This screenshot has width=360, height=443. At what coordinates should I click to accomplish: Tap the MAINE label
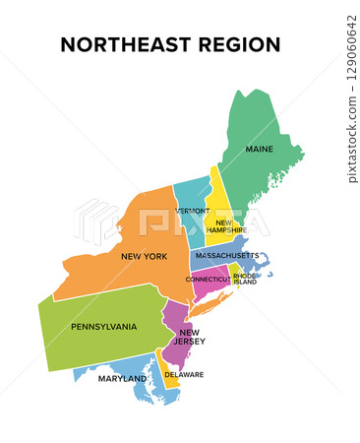coord(260,150)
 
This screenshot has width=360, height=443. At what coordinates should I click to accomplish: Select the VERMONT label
coord(193,211)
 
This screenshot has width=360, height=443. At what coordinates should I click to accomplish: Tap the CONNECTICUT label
coord(208,280)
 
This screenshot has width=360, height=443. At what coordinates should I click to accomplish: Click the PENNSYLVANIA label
coord(103,327)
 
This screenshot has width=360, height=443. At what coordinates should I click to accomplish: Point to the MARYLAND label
coord(121,378)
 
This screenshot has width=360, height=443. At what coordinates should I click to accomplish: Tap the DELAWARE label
coord(184,375)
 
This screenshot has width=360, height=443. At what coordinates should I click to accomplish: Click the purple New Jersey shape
coord(175,325)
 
